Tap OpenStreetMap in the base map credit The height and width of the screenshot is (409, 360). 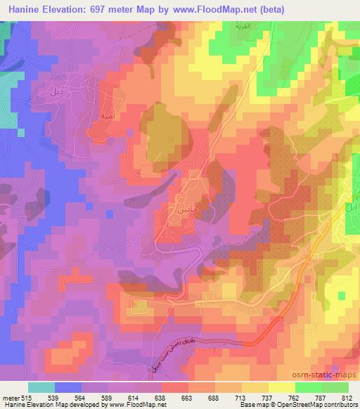(x=316, y=405)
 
